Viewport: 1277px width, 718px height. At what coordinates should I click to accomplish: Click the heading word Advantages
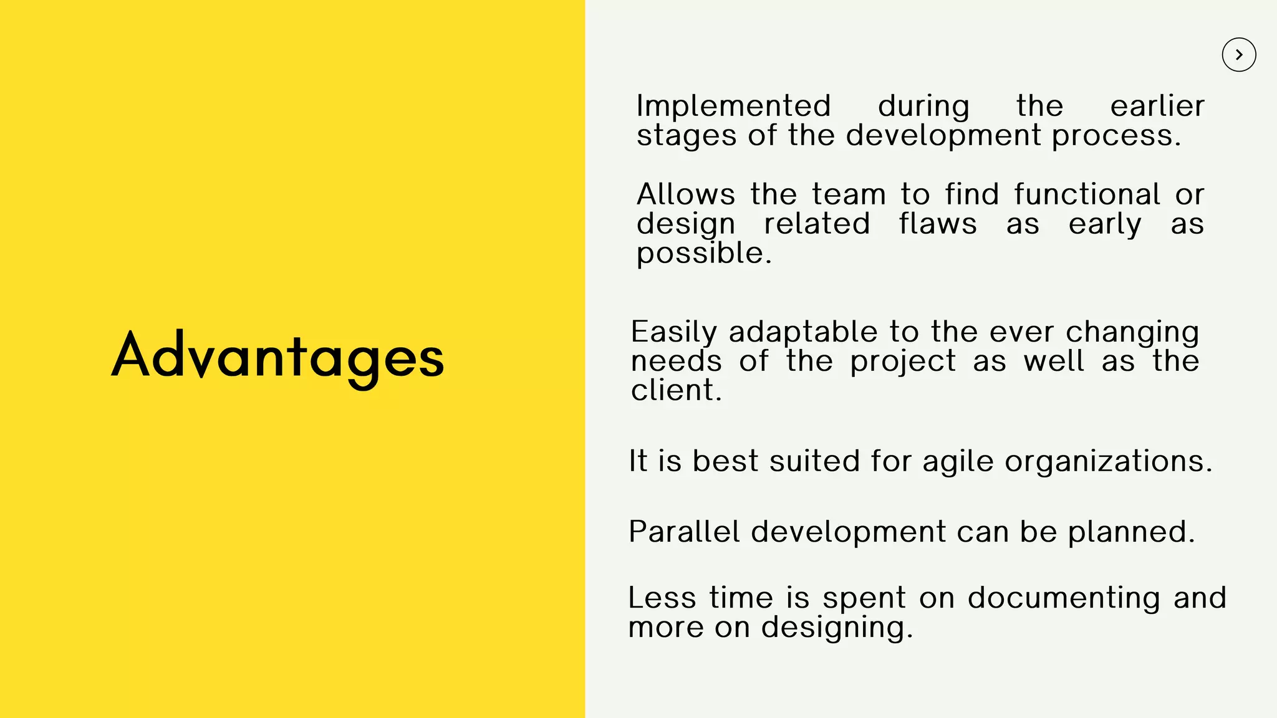277,357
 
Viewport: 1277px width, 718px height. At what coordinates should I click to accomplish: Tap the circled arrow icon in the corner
1238,55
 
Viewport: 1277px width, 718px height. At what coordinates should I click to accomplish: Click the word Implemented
733,106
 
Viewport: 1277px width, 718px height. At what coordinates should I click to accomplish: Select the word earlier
1157,106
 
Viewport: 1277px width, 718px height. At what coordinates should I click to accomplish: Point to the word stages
686,136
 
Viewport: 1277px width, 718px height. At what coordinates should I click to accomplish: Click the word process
1116,136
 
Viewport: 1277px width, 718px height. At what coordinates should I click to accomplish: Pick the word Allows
685,194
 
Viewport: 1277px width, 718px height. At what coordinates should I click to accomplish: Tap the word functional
1087,194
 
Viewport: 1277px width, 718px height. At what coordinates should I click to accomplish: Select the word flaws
937,224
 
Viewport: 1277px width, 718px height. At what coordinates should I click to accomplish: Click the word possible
703,254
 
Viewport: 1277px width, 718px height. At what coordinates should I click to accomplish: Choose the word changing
1132,333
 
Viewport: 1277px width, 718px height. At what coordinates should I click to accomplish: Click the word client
675,391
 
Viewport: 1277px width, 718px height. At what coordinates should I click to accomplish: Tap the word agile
957,462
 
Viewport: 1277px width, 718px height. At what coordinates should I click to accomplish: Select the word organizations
1108,462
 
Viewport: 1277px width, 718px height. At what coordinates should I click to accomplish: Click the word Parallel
683,532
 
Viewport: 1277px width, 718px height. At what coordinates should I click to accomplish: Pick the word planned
1130,532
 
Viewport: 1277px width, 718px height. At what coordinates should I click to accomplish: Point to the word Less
662,598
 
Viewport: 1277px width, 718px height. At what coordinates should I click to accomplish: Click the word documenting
1064,598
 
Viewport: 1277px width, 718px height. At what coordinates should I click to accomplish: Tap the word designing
836,628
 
